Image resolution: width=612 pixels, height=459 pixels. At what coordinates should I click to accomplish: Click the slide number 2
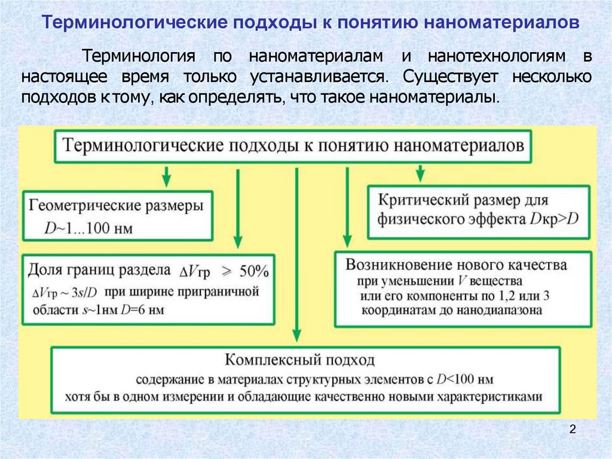573,429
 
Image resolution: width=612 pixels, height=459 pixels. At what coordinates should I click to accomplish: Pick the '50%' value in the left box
254,271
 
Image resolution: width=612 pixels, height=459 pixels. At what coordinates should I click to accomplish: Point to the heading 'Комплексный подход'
300,360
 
